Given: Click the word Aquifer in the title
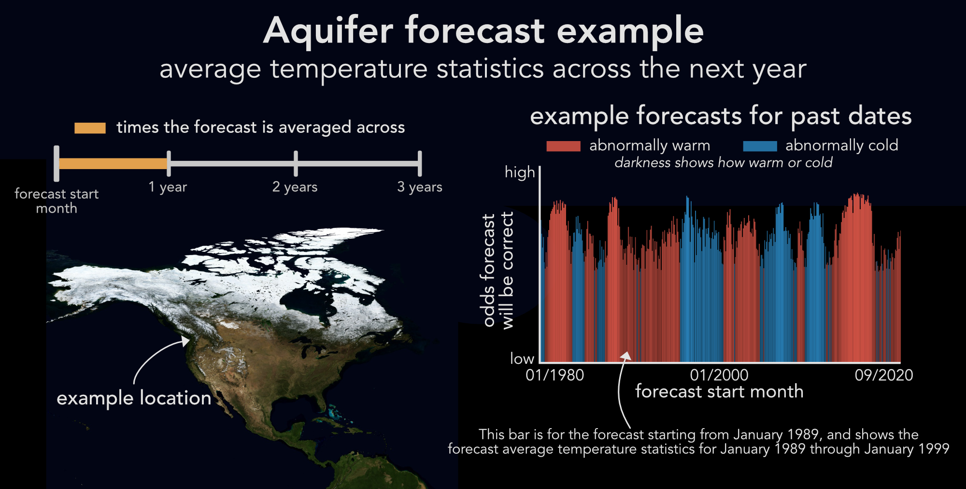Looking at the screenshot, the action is pos(328,30).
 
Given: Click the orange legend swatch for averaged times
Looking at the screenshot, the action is pos(90,128).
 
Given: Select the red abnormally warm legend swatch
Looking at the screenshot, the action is pos(563,146).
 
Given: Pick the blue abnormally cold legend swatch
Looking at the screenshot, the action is pos(760,146).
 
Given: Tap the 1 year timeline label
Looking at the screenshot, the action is pos(168,187).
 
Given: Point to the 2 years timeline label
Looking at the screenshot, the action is pos(295,187).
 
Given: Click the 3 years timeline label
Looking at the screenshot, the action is pos(420,187).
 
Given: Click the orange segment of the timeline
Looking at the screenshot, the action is pos(113,163).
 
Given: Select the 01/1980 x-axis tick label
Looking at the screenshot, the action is pos(554,375).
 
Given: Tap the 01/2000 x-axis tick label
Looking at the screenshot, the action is pos(719,375).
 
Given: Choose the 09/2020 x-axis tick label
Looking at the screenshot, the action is pos(884,375).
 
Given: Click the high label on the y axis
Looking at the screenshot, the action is pos(520,173).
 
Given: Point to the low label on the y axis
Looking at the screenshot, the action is pos(522,359).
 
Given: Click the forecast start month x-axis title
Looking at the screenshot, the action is pos(719,391).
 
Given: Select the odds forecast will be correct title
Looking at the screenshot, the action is pos(498,271).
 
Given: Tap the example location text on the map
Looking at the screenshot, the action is pos(134,398).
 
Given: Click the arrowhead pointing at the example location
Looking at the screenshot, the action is pos(185,341).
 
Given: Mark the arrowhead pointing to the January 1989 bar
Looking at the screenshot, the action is pos(626,356).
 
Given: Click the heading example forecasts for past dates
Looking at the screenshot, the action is pos(721,116).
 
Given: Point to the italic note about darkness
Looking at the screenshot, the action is pos(724,163).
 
